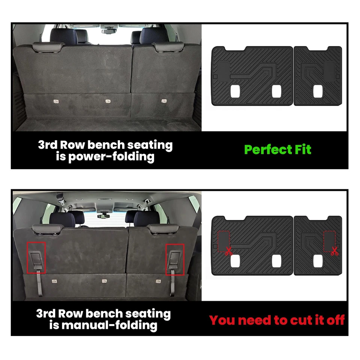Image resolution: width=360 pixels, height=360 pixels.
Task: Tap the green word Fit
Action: pyautogui.click(x=302, y=149)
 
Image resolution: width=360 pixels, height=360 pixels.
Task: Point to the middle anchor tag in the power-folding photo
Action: pyautogui.click(x=108, y=101)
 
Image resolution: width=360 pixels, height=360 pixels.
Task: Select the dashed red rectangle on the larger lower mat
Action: pyautogui.click(x=223, y=240)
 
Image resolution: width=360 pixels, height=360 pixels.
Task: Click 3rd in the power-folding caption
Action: pyautogui.click(x=47, y=145)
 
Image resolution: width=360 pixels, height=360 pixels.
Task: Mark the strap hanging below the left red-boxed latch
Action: pyautogui.click(x=38, y=285)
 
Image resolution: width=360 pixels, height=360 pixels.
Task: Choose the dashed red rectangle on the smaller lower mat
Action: pyautogui.click(x=329, y=240)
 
